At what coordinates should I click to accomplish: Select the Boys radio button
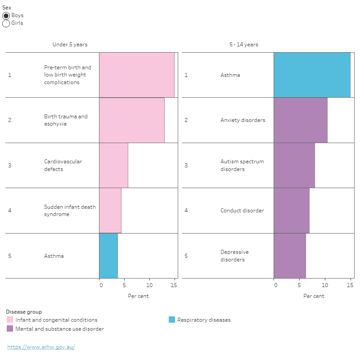click(6, 16)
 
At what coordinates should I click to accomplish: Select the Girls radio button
click(6, 23)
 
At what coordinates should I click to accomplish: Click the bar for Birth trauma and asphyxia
click(131, 120)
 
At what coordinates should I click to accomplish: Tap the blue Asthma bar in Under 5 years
click(108, 256)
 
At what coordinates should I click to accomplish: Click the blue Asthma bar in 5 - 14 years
click(311, 75)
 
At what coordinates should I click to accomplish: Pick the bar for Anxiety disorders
click(300, 120)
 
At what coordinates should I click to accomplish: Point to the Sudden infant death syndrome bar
click(110, 211)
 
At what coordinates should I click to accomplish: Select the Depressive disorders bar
click(289, 256)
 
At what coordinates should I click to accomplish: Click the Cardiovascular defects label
click(63, 165)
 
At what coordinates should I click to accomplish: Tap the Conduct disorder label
click(242, 211)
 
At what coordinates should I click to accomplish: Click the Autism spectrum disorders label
click(242, 165)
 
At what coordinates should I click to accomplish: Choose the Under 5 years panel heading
click(70, 45)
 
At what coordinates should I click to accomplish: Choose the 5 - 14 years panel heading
click(243, 45)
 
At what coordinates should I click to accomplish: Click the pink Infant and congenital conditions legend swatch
click(10, 320)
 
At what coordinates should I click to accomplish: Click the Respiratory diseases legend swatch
click(172, 320)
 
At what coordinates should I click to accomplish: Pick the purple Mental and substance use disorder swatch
click(10, 329)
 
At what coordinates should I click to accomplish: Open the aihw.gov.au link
click(41, 347)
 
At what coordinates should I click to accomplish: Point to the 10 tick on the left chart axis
click(150, 285)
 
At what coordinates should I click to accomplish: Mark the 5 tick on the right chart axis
click(299, 285)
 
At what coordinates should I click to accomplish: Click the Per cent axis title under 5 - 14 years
click(314, 296)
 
